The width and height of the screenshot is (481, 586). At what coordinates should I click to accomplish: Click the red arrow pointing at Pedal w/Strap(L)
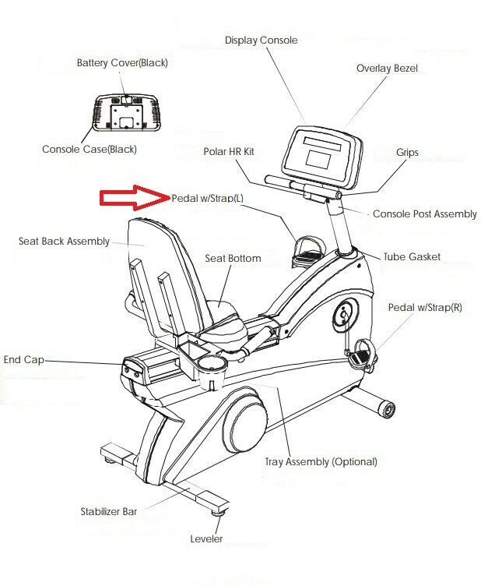point(135,197)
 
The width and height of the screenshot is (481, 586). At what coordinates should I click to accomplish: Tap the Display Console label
point(261,40)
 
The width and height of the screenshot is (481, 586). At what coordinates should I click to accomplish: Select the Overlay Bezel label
point(387,69)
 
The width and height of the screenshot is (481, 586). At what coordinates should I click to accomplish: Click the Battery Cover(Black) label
point(122,62)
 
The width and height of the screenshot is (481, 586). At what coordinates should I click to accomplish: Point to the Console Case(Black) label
point(90,149)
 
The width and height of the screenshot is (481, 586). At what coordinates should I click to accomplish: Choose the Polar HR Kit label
point(229,151)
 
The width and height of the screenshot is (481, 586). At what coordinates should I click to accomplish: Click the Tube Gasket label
point(412,256)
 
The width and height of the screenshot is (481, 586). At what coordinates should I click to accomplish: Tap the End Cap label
point(23,359)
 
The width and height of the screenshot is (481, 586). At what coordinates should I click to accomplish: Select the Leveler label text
point(206,538)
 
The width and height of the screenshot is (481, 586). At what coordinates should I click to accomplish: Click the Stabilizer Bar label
point(109,511)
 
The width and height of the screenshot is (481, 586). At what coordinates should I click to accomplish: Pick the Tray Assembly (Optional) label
point(321,461)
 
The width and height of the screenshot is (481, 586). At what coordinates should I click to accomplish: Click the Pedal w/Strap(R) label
point(425,307)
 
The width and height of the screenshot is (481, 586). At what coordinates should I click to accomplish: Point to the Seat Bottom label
point(233,258)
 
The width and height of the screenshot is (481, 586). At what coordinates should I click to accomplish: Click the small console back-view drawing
point(127,113)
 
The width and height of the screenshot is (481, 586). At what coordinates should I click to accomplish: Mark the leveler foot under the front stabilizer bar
point(217,513)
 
